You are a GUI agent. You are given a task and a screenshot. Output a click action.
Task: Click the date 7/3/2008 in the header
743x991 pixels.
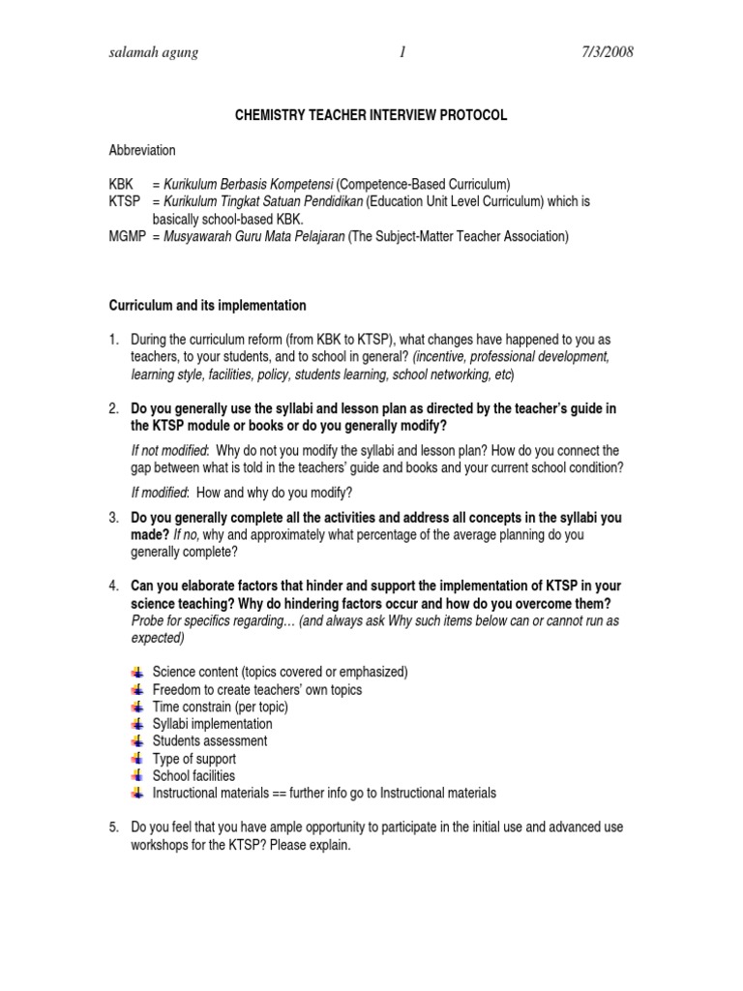point(601,52)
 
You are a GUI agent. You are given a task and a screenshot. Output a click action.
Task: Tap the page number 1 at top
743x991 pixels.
point(401,52)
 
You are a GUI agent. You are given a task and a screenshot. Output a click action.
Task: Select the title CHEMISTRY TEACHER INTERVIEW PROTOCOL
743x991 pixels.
point(371,115)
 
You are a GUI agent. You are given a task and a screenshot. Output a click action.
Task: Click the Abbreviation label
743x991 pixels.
point(142,150)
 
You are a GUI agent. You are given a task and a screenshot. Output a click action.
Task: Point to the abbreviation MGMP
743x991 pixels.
point(127,236)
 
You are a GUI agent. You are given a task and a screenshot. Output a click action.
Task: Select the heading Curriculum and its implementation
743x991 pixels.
point(207,306)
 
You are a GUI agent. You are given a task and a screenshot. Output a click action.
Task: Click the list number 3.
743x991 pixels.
point(113,518)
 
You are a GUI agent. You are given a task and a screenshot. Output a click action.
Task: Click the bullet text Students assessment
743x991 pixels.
point(210,741)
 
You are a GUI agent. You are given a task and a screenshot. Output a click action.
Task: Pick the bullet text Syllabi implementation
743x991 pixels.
point(213,724)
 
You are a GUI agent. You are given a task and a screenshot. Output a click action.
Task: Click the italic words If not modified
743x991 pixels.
point(168,451)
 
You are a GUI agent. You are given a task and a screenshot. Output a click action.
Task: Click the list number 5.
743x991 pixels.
point(113,827)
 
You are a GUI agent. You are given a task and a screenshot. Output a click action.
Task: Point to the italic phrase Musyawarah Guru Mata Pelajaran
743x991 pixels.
point(254,236)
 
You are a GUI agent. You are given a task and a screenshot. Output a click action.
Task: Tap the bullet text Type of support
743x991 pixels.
point(194,759)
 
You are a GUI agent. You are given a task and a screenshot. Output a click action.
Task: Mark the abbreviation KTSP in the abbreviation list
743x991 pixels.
point(125,201)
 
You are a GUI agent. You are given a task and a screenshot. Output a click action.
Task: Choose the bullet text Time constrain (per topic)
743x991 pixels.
point(221,706)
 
